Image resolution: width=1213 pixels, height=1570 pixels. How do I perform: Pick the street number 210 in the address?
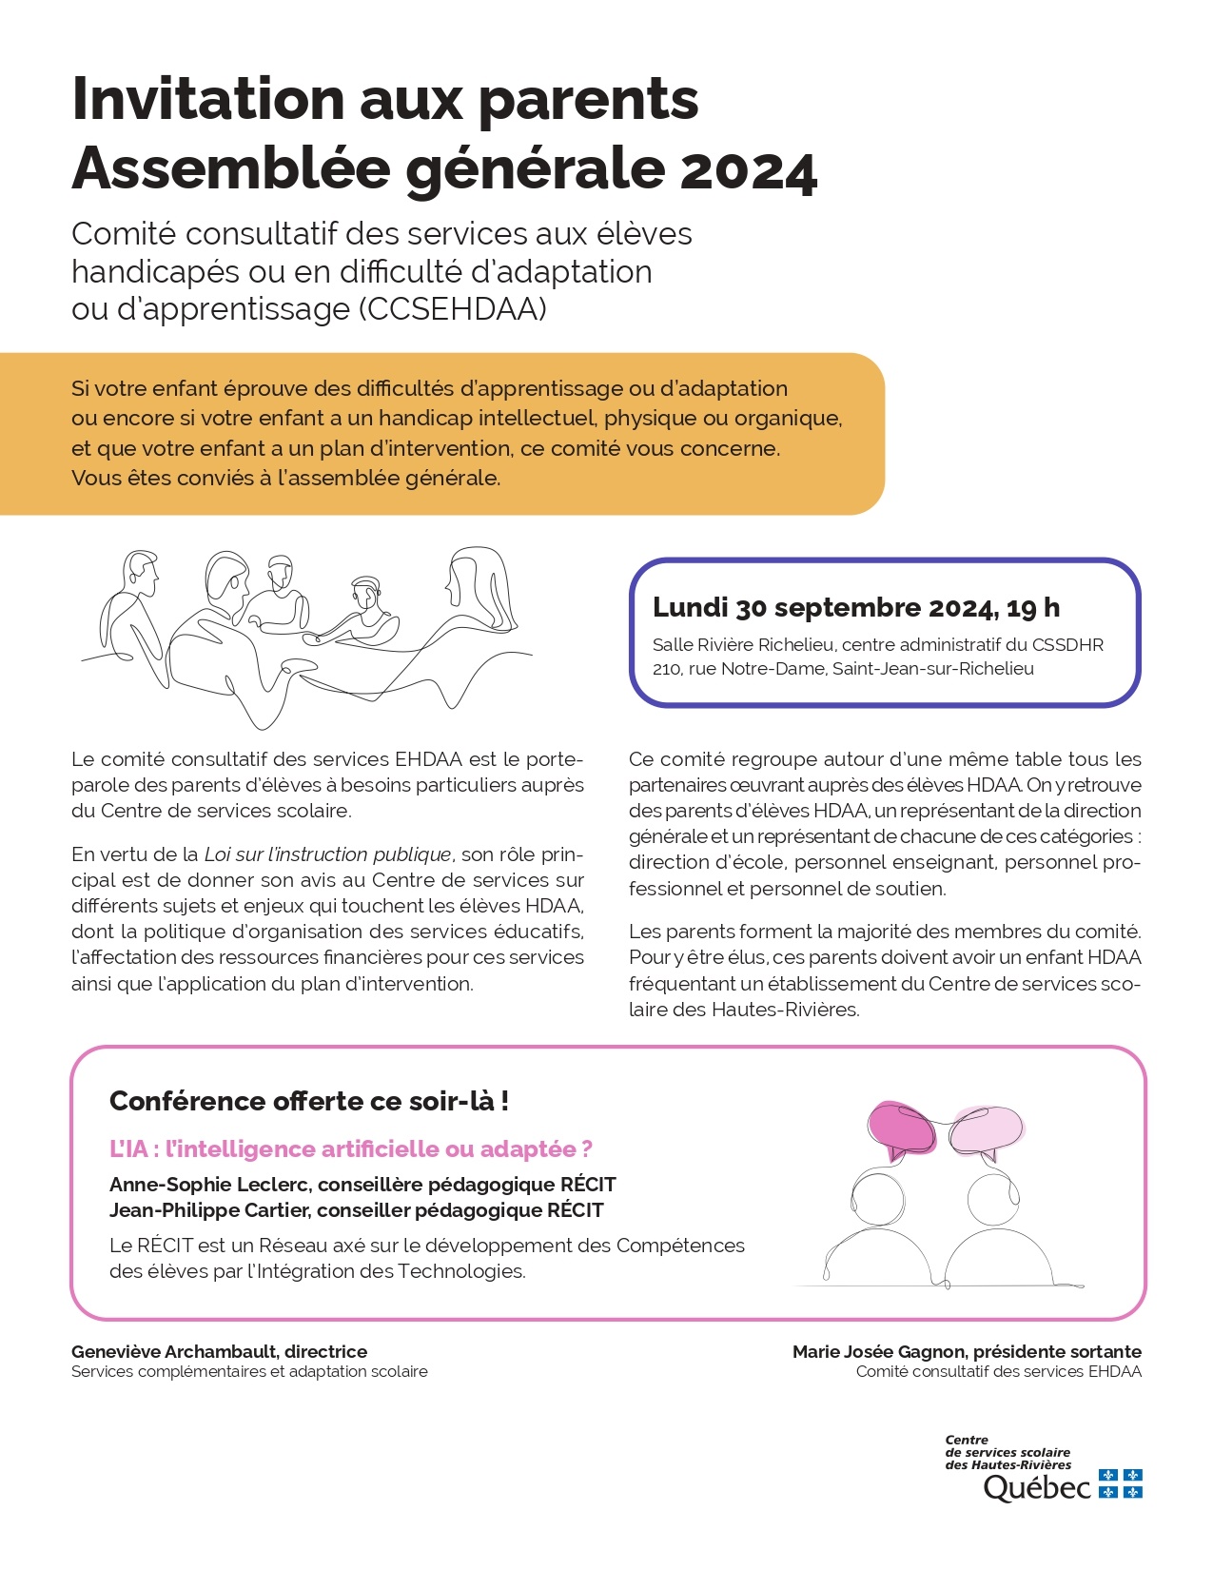pyautogui.click(x=666, y=669)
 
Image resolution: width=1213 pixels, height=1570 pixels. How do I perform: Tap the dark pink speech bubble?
pyautogui.click(x=901, y=1128)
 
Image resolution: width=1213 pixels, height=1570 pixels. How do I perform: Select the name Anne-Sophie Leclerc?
pyautogui.click(x=209, y=1185)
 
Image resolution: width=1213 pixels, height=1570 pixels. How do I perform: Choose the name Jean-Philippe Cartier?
pyautogui.click(x=209, y=1210)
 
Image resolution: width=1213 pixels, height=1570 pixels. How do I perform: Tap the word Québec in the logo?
pyautogui.click(x=1037, y=1487)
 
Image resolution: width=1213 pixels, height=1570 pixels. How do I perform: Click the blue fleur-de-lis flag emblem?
pyautogui.click(x=1120, y=1483)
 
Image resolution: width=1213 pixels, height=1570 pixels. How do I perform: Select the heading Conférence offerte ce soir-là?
pyautogui.click(x=309, y=1101)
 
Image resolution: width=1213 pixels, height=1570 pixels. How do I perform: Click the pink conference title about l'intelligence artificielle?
pyautogui.click(x=351, y=1149)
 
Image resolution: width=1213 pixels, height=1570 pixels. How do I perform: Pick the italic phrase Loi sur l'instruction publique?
pyautogui.click(x=328, y=854)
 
